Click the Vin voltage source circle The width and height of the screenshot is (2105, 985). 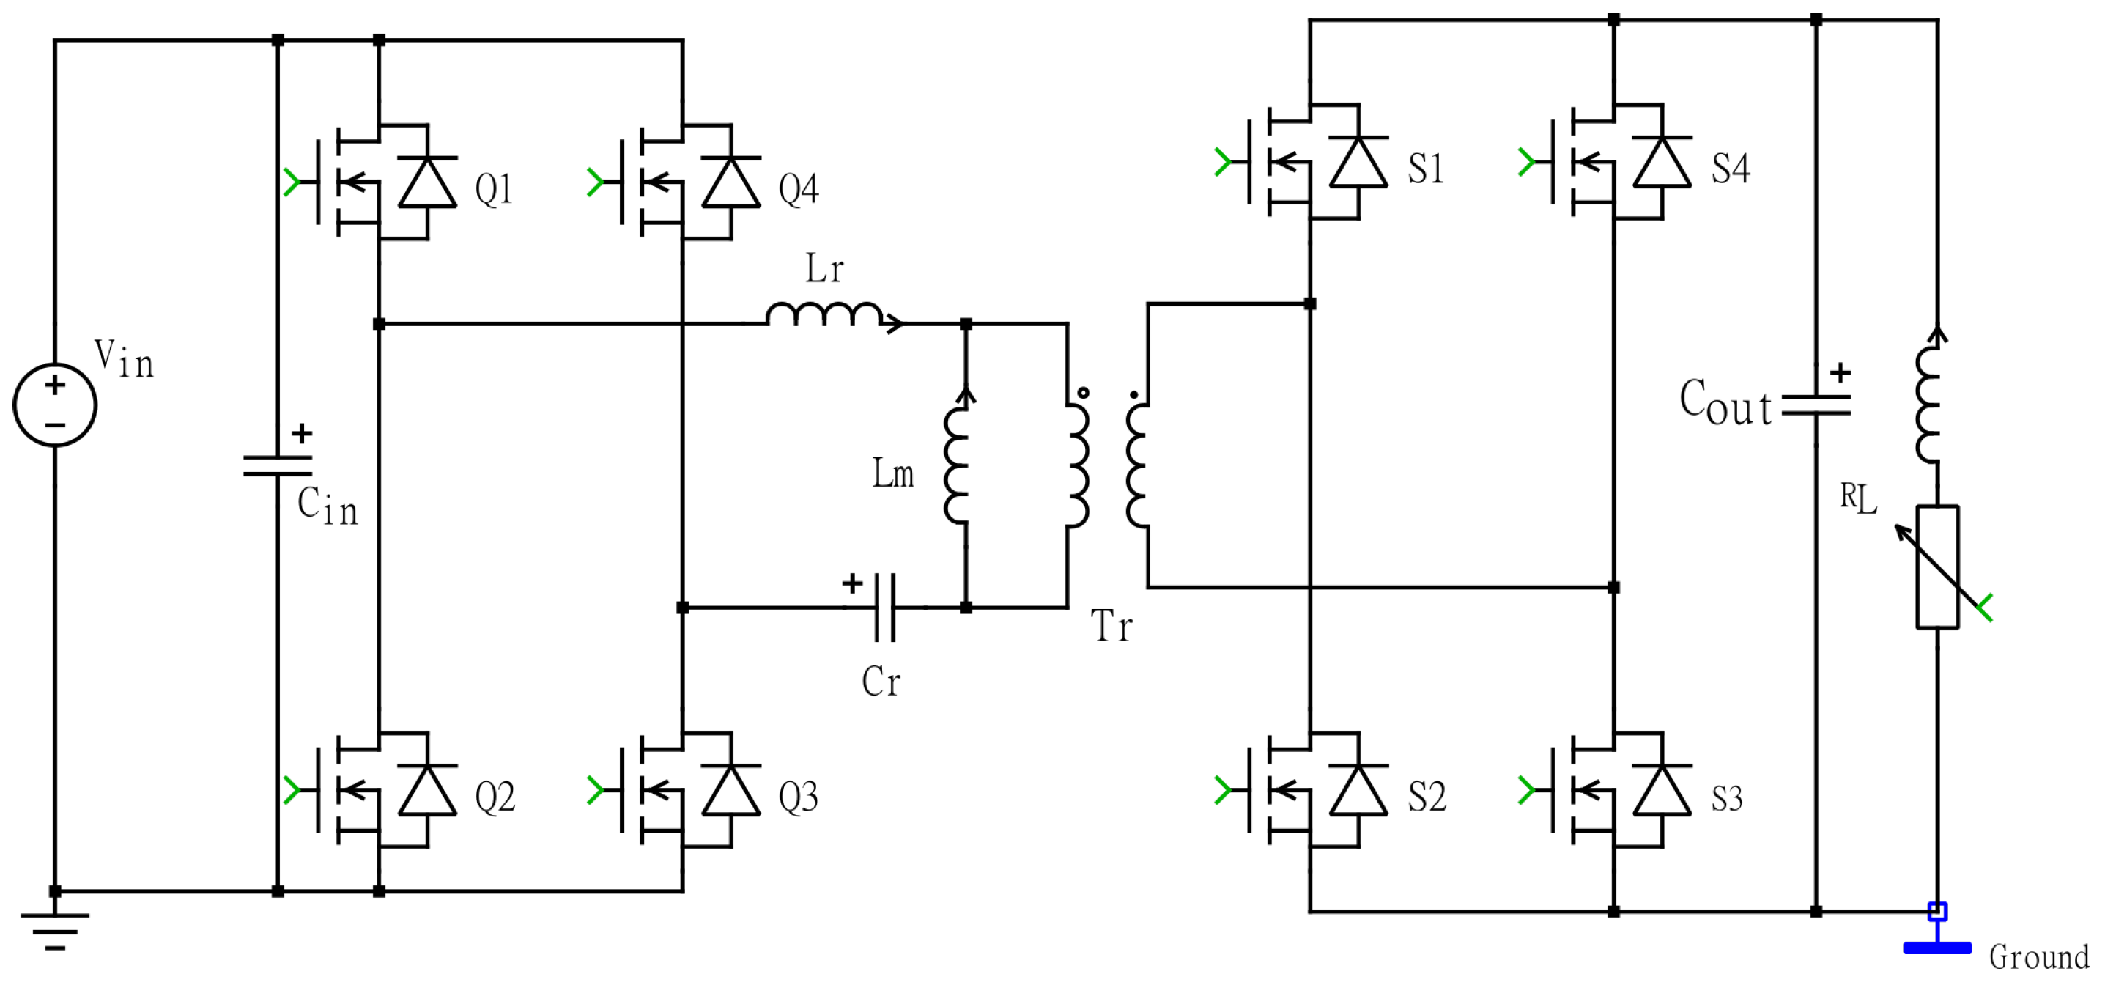coord(55,405)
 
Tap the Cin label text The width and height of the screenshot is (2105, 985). coord(327,507)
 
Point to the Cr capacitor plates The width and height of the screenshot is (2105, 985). coord(884,608)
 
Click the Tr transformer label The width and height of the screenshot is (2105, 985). coord(1111,627)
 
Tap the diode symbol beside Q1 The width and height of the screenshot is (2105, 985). coord(427,182)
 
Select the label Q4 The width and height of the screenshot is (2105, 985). coord(799,190)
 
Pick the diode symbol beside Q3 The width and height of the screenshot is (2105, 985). coord(731,791)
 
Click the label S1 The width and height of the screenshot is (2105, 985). coord(1426,169)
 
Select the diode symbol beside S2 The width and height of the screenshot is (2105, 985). coord(1359,791)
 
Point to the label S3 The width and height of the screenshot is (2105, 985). coord(1727,799)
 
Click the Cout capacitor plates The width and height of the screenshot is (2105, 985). coord(1816,405)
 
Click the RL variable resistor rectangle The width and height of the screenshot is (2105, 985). coord(1937,567)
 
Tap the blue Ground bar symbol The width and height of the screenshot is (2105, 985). coord(1937,948)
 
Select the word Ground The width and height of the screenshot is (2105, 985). coord(2038,957)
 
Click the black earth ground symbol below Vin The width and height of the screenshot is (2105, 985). coord(55,930)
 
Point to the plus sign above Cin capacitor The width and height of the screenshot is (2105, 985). coord(303,433)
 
